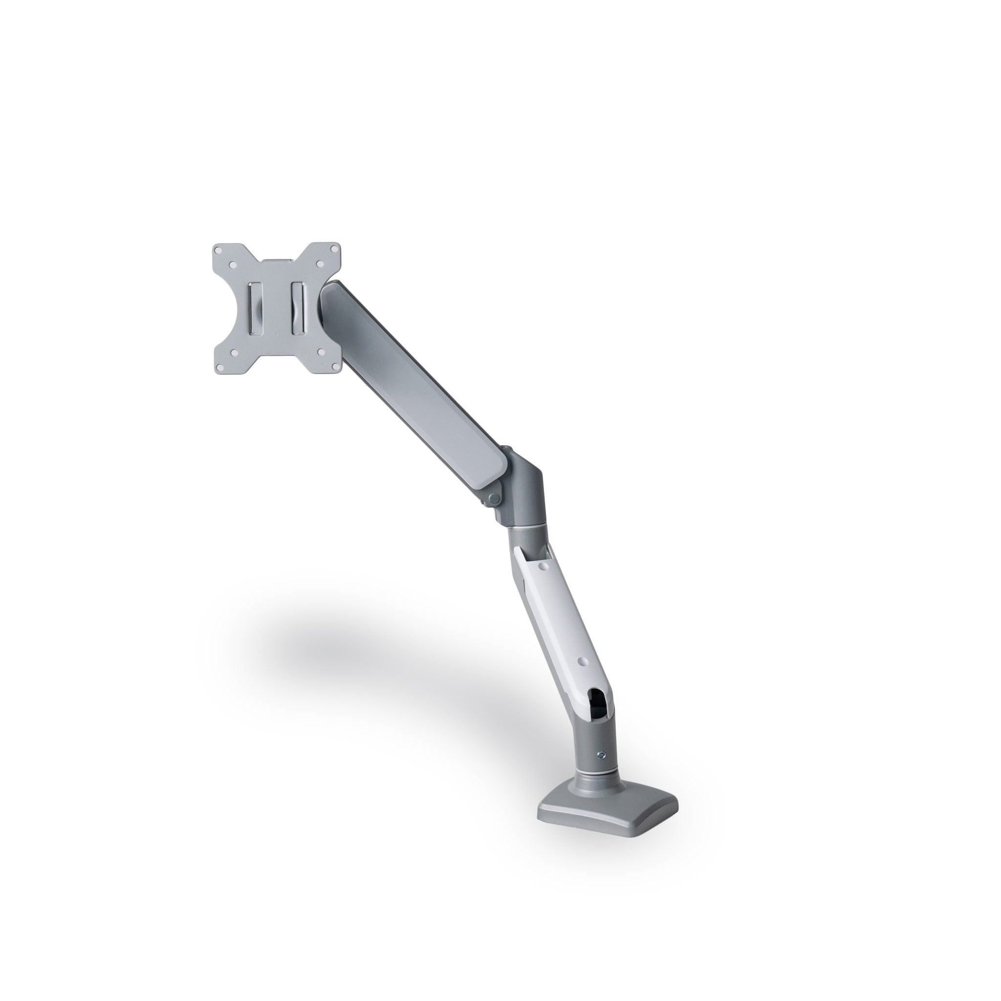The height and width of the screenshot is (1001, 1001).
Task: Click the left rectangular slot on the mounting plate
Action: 256,309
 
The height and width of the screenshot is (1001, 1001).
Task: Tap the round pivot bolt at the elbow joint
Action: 494,499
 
